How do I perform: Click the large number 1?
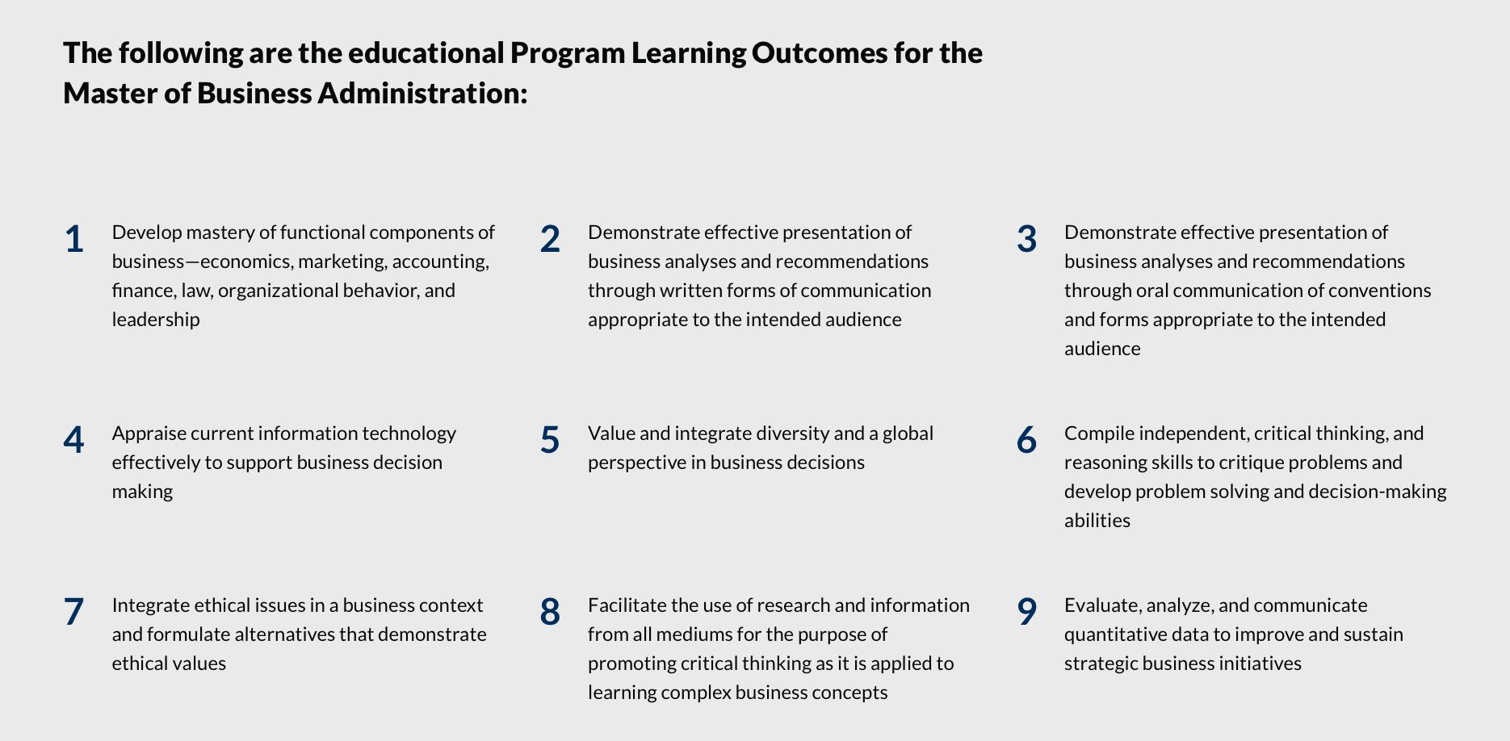(x=74, y=239)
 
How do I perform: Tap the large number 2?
(x=550, y=239)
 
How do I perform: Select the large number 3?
(x=1026, y=239)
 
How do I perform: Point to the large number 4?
(x=73, y=440)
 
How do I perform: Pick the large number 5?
(x=550, y=440)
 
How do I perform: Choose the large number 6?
(x=1026, y=440)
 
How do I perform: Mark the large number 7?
(x=73, y=612)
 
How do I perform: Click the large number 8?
(x=550, y=612)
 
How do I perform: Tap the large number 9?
(x=1026, y=612)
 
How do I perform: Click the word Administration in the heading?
(x=422, y=93)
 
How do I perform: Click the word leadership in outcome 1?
(x=156, y=320)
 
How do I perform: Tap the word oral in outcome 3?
(x=1153, y=290)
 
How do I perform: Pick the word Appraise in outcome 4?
(x=148, y=433)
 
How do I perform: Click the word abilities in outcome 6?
(x=1097, y=521)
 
